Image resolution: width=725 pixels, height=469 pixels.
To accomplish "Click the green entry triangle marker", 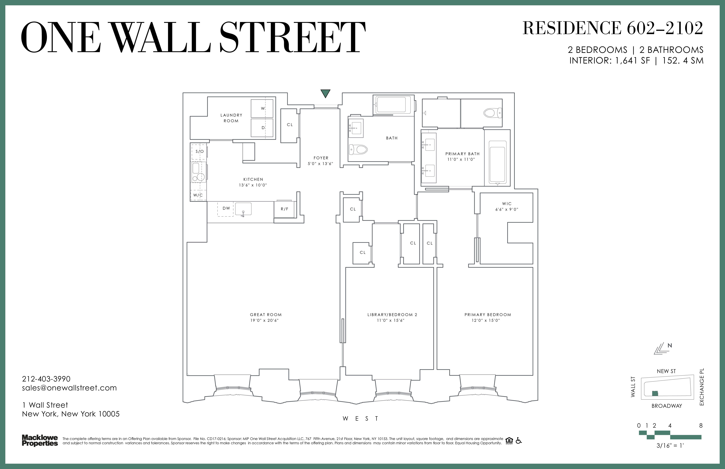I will (326, 93).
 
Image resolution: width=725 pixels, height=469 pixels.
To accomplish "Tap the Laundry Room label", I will (231, 118).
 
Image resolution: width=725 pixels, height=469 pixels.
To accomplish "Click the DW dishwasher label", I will (226, 208).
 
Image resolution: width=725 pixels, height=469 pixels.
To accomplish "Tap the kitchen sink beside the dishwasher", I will (243, 209).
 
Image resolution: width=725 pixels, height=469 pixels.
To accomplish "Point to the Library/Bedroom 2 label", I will (392, 315).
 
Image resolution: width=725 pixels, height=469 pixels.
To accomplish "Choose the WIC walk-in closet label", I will (507, 203).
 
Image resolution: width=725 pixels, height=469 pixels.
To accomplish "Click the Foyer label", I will (321, 158).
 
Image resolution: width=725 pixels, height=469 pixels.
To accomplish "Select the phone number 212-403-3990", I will (46, 379).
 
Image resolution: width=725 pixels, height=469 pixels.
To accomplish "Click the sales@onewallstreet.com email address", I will (70, 388).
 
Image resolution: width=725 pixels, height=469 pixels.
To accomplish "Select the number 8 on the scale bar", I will (701, 426).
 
